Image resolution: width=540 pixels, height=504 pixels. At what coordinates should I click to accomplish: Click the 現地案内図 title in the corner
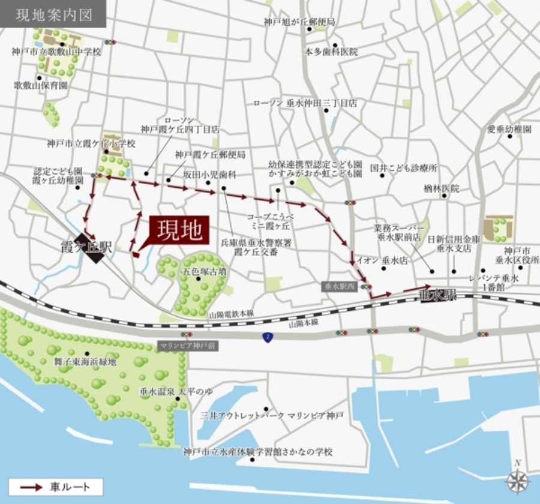[53, 14]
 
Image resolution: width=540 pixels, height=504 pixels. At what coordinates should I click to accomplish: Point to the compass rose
[517, 481]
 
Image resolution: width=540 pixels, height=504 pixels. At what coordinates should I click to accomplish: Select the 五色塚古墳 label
[204, 271]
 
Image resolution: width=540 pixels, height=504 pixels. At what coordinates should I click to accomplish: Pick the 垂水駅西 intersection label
[340, 287]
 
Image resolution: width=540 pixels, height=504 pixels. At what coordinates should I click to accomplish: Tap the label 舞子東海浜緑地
[85, 362]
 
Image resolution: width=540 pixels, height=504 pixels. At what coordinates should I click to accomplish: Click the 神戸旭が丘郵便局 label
[299, 22]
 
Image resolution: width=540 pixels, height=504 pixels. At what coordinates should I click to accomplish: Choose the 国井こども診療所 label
[404, 168]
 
